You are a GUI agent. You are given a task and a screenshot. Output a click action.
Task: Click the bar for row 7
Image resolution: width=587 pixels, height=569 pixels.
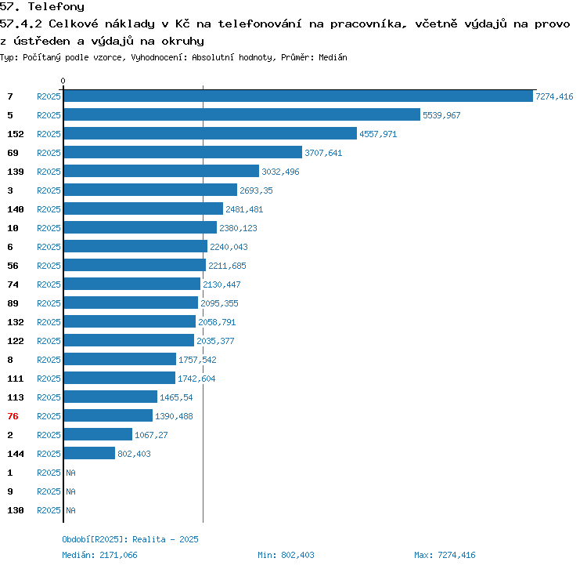[297, 96]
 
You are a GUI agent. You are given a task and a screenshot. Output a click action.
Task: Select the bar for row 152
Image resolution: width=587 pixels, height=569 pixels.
[210, 134]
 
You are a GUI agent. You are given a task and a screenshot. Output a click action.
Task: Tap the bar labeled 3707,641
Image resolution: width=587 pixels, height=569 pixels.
[182, 153]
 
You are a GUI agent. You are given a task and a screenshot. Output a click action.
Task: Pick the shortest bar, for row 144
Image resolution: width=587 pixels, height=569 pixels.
[89, 454]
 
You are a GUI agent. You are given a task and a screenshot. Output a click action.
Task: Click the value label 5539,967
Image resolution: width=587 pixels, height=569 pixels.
[441, 115]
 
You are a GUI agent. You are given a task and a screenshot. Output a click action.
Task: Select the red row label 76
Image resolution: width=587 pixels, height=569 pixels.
[13, 416]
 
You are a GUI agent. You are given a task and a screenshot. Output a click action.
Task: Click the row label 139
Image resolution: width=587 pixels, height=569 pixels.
[16, 172]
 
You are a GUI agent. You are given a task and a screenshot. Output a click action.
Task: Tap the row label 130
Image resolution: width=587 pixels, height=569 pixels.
[16, 510]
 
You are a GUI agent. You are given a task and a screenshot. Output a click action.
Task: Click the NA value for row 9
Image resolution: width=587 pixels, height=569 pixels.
[70, 491]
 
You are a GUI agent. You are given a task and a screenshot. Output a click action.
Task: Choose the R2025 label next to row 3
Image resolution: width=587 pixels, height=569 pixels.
[49, 190]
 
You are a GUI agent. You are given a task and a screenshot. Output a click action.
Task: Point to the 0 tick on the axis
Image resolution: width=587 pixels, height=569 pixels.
[63, 82]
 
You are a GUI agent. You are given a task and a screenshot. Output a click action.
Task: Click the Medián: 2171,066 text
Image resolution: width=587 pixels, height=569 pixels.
[99, 555]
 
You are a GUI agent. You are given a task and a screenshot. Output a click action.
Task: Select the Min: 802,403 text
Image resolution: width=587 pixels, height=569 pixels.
[286, 555]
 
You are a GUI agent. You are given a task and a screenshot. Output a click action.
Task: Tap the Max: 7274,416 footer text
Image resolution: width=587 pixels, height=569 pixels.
[445, 555]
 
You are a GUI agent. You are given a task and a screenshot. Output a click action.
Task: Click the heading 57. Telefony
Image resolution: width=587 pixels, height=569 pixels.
[42, 7]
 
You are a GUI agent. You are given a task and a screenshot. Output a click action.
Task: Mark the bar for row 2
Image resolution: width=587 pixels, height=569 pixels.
[98, 435]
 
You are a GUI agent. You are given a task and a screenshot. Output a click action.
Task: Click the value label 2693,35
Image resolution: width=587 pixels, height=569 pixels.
[256, 190]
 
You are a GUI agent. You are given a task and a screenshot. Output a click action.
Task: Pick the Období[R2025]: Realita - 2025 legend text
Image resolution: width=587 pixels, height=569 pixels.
[130, 539]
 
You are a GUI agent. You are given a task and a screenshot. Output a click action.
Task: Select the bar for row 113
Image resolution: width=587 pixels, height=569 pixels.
[110, 397]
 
